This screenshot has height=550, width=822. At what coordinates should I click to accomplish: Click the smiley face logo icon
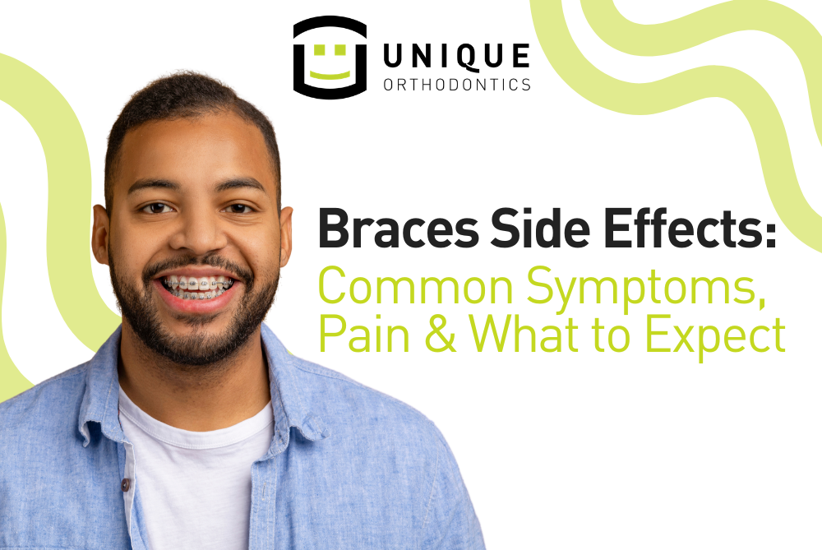click(x=330, y=57)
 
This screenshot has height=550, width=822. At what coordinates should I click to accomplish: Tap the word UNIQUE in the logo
click(x=456, y=57)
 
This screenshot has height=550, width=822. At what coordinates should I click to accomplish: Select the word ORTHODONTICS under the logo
click(x=457, y=85)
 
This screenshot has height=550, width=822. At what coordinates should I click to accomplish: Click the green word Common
click(x=415, y=286)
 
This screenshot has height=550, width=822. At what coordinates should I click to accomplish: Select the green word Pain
click(x=364, y=334)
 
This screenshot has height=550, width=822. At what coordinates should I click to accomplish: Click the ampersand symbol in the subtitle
click(x=440, y=334)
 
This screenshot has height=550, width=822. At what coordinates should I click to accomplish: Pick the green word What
click(x=523, y=333)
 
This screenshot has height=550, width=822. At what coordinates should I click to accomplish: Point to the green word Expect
click(x=715, y=337)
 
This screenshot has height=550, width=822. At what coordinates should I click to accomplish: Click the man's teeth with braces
click(x=197, y=288)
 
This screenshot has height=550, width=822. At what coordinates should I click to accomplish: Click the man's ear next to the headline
click(x=286, y=236)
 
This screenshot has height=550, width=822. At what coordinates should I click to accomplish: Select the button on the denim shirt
click(x=125, y=485)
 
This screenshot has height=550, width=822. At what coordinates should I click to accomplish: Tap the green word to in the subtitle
click(x=612, y=335)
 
